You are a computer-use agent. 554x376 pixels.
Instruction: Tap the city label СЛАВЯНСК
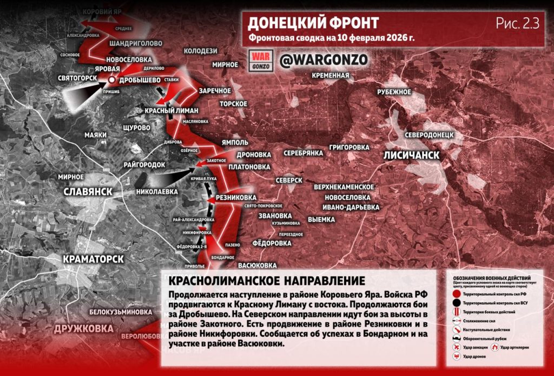[x=88, y=191]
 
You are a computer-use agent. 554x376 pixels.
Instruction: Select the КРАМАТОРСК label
[x=93, y=259]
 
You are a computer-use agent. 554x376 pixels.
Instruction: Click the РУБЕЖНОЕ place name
[x=394, y=92]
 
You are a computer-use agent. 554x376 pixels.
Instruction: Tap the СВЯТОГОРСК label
[x=78, y=79]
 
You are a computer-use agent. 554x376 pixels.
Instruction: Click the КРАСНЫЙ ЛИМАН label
[x=173, y=110]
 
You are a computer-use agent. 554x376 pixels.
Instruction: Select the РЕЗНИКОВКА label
[x=236, y=197]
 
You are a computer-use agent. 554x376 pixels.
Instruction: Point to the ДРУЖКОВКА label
[x=84, y=328]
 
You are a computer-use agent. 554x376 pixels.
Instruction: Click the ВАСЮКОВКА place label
[x=258, y=265]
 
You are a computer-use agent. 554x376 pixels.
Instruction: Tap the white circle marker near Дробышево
[x=111, y=80]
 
